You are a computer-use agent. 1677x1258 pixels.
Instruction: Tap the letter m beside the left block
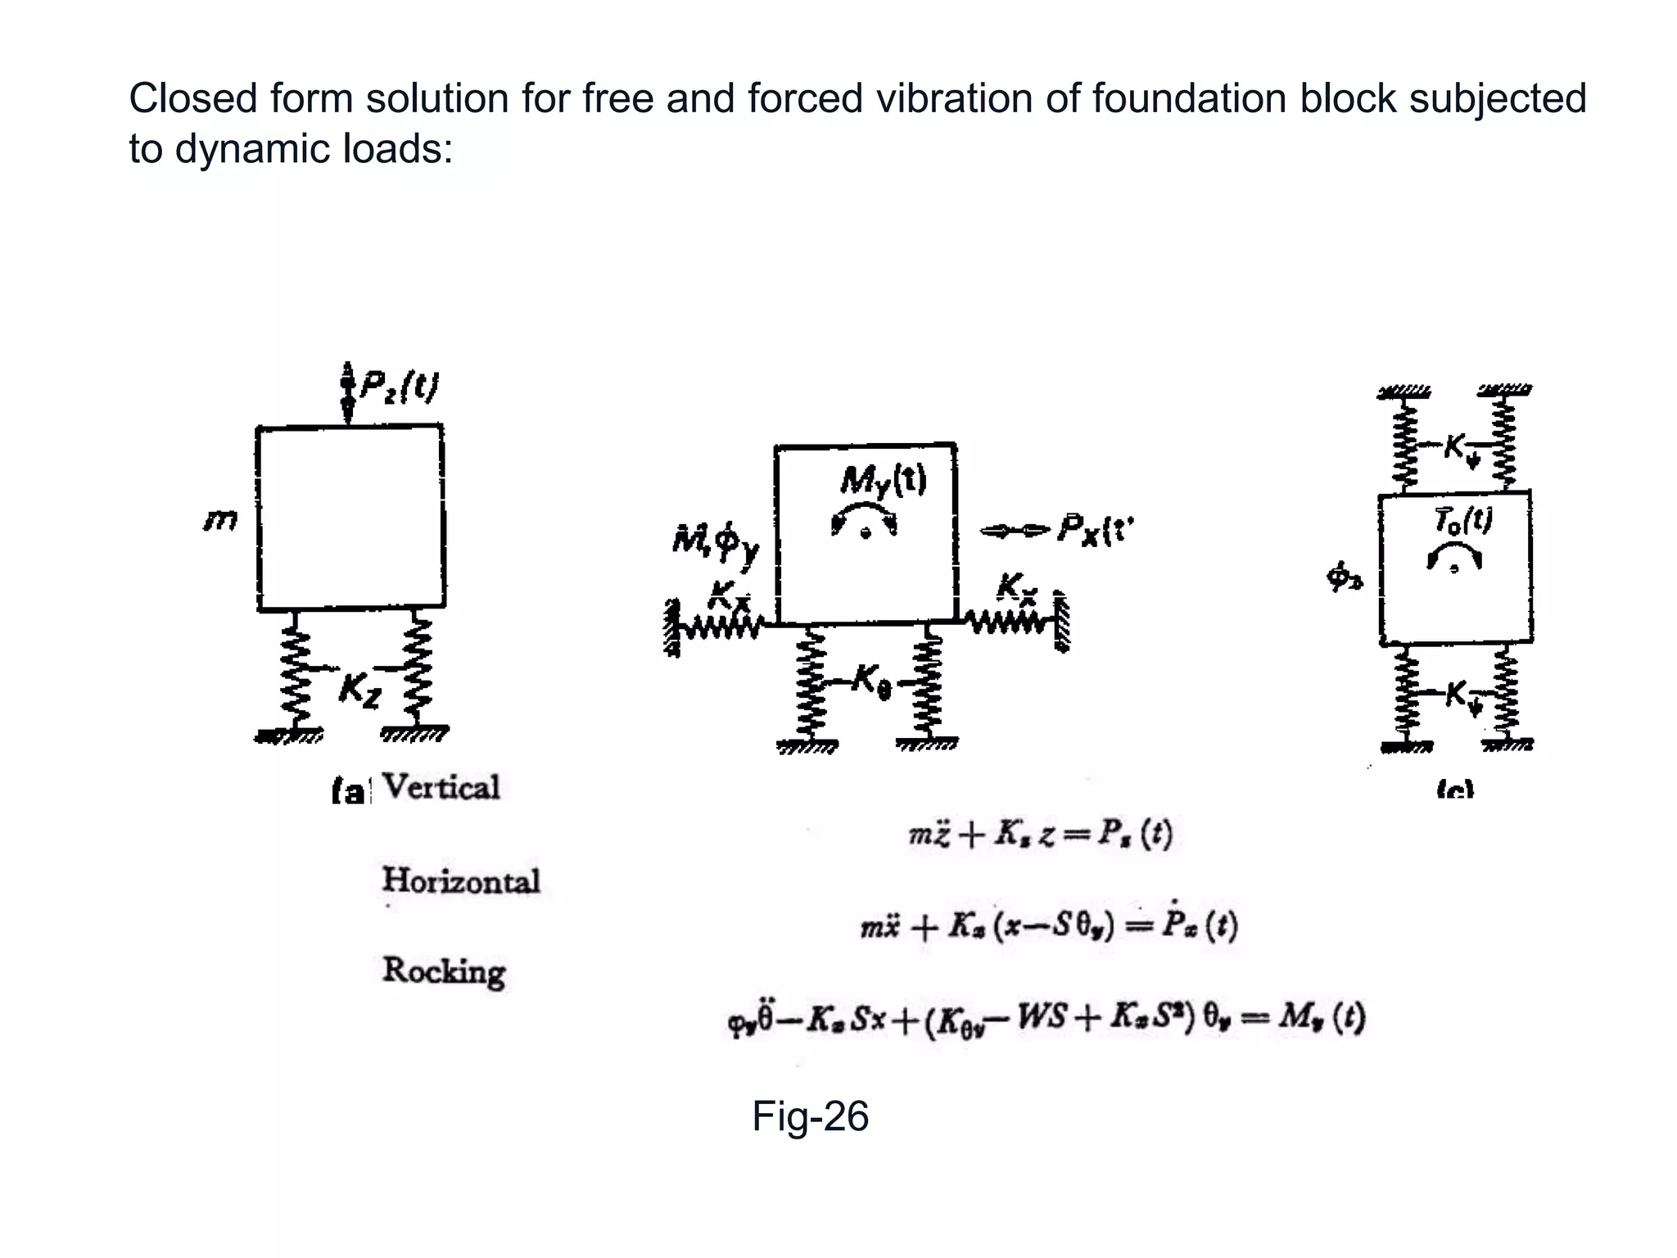coord(220,520)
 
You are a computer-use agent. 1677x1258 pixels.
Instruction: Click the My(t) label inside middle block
coord(883,480)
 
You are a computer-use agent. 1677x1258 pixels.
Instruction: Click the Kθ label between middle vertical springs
coord(871,679)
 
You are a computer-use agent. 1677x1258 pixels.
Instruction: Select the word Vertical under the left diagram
coord(441,788)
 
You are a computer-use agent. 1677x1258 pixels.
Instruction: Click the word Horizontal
coord(460,881)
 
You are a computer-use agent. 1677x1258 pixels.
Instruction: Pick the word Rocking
coord(443,971)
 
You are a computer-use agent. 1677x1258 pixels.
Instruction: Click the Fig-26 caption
coord(809,1116)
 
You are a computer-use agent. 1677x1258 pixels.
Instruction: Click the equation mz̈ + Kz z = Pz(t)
coord(1040,835)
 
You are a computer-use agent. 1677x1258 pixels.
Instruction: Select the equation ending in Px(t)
coord(1048,927)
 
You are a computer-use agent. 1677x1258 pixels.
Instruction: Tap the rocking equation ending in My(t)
coord(1046,1019)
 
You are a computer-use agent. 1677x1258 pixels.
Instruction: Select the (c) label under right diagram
coord(1455,790)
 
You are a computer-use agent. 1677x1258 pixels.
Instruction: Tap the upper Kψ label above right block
coord(1460,447)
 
